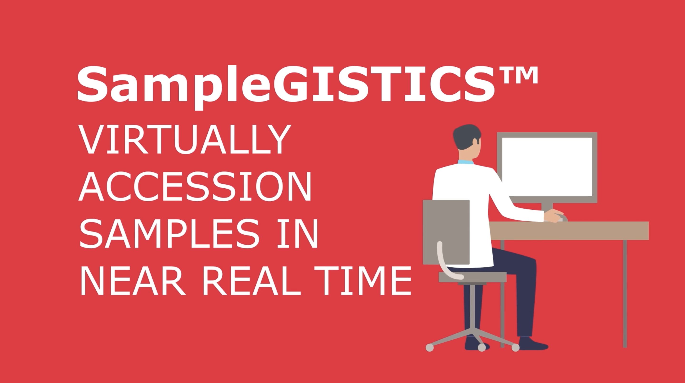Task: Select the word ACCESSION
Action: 195,186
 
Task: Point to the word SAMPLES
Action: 170,233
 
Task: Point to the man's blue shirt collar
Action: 466,162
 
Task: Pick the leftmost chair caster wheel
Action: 430,348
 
